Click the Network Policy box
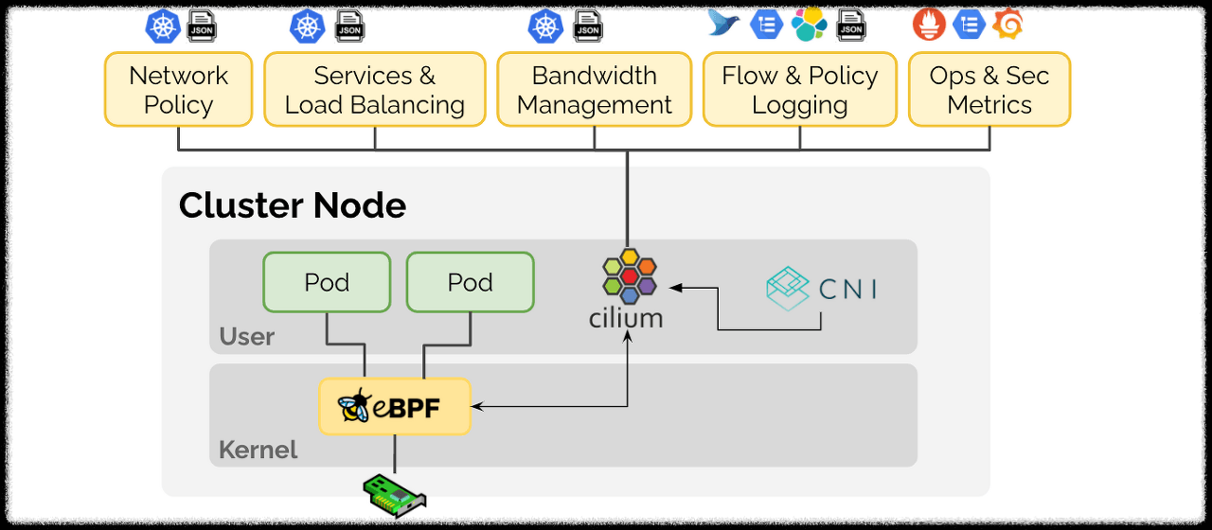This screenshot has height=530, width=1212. pyautogui.click(x=178, y=90)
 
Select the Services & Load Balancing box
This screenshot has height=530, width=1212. pyautogui.click(x=375, y=90)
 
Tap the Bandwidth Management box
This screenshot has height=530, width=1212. pyautogui.click(x=595, y=90)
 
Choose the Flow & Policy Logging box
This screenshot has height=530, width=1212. pyautogui.click(x=800, y=90)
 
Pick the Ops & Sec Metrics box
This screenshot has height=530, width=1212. pyautogui.click(x=989, y=90)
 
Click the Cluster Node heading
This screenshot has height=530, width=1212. pyautogui.click(x=292, y=205)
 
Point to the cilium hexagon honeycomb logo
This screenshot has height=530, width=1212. pyautogui.click(x=629, y=275)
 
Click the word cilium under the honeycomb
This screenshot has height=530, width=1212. pyautogui.click(x=626, y=318)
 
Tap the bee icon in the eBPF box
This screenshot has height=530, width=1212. pyautogui.click(x=355, y=407)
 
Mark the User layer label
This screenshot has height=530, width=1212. pyautogui.click(x=246, y=337)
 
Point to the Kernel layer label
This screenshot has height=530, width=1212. pyautogui.click(x=258, y=450)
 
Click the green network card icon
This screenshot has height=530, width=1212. pyautogui.click(x=395, y=494)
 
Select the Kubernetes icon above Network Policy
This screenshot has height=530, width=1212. pyautogui.click(x=163, y=26)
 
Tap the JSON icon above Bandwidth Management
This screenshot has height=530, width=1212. pyautogui.click(x=588, y=26)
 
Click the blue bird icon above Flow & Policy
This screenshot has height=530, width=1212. pyautogui.click(x=724, y=24)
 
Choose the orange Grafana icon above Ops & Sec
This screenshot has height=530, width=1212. pyautogui.click(x=1007, y=25)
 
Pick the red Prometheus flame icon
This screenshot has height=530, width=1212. pyautogui.click(x=929, y=25)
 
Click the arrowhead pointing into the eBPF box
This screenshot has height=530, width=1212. pyautogui.click(x=477, y=407)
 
